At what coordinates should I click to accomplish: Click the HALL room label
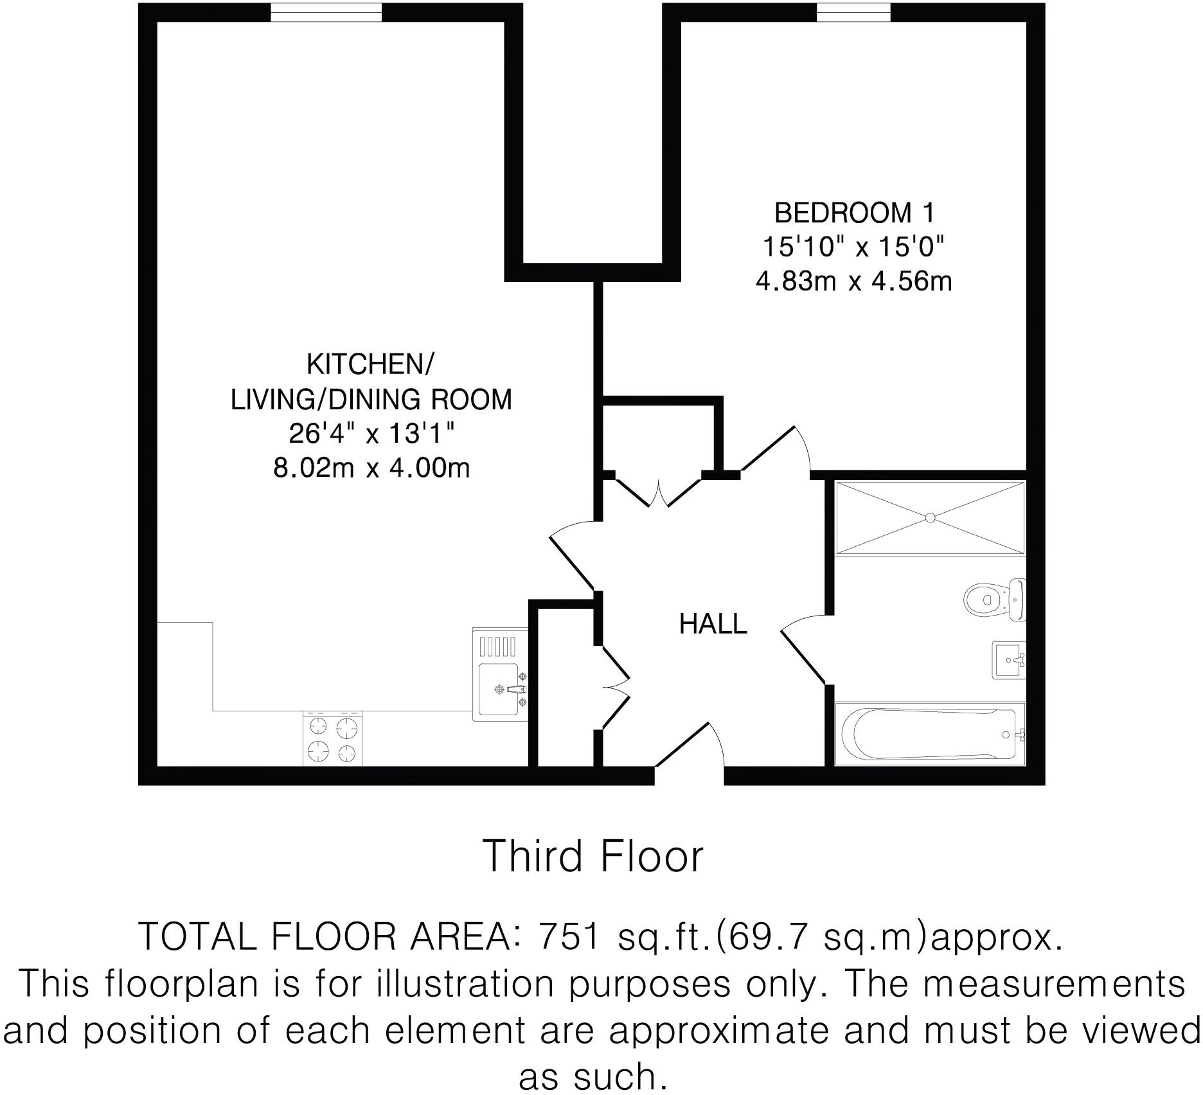[713, 624]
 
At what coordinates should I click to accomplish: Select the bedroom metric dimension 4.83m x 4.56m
[853, 281]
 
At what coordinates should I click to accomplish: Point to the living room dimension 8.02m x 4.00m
[371, 468]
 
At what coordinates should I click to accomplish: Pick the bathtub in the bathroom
[929, 733]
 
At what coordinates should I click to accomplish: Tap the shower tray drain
[930, 517]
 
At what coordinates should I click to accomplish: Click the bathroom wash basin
[1008, 660]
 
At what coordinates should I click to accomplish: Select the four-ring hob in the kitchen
[332, 738]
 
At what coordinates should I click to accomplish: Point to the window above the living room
[326, 12]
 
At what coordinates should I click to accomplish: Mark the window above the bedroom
[853, 12]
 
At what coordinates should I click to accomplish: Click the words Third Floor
[593, 857]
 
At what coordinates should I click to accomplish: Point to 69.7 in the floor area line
[761, 937]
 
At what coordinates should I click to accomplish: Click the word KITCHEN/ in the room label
[370, 364]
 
